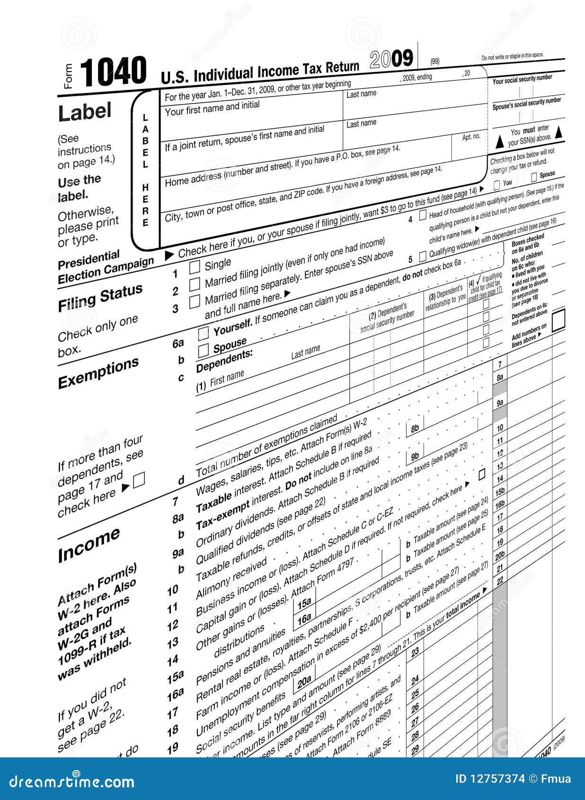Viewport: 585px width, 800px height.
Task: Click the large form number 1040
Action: tap(113, 72)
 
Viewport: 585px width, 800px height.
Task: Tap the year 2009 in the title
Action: tap(391, 59)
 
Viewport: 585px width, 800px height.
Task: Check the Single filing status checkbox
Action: tap(195, 267)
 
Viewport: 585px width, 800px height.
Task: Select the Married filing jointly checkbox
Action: tap(195, 284)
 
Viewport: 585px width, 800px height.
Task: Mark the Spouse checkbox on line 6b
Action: tap(204, 350)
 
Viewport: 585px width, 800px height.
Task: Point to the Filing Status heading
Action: tap(100, 298)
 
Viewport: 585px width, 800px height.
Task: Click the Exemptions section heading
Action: tap(98, 373)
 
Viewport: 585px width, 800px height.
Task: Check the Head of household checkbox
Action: tap(423, 216)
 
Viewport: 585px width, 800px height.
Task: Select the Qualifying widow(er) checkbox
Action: tap(423, 256)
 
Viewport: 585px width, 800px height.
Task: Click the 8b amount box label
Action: tap(415, 429)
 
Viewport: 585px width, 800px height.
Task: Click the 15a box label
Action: tap(304, 603)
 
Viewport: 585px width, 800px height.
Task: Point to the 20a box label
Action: tap(304, 682)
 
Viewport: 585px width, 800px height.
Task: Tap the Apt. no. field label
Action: tap(471, 137)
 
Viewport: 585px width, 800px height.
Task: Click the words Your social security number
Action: tap(522, 79)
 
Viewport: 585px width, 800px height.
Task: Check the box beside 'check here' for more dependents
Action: tap(139, 481)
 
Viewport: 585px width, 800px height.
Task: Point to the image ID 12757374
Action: tap(490, 779)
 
